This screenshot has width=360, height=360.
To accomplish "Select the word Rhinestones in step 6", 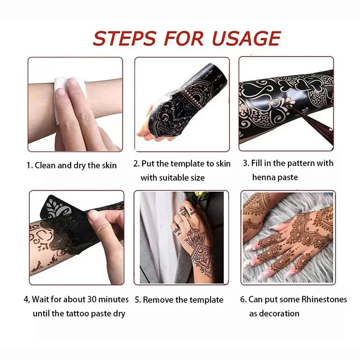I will (322, 299).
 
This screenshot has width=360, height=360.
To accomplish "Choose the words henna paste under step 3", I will (274, 177).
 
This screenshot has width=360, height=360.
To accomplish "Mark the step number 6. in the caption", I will (244, 299).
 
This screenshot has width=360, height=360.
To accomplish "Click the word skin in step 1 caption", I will (108, 165).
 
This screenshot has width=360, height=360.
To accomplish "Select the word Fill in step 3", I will (260, 163).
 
